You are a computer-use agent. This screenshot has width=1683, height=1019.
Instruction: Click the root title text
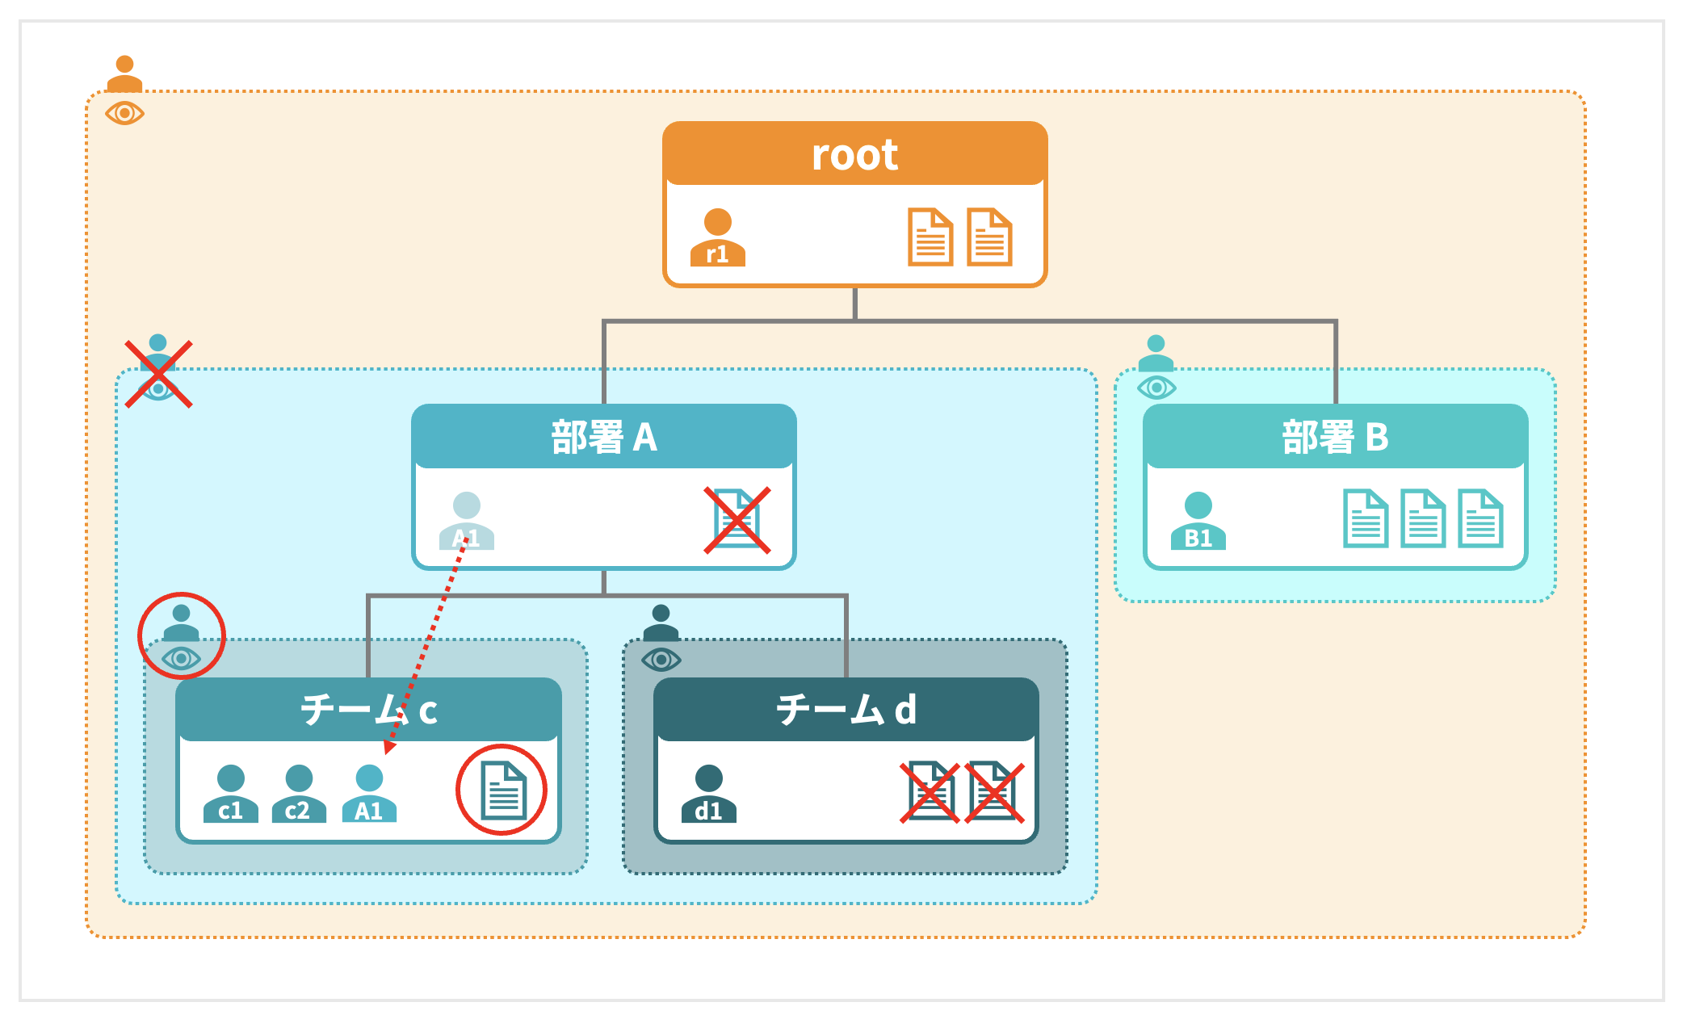(x=854, y=154)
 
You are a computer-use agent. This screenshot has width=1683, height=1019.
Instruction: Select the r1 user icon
(x=717, y=238)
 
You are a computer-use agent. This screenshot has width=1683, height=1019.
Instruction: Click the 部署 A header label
(x=604, y=438)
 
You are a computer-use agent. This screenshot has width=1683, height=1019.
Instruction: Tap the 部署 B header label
(x=1335, y=438)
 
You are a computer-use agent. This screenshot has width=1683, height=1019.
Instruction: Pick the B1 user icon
(x=1198, y=522)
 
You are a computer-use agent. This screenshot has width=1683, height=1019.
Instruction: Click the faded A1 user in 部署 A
(x=466, y=522)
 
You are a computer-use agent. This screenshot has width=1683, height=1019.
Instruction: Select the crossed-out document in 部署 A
(x=737, y=520)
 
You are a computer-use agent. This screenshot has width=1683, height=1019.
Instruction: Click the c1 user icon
(x=230, y=795)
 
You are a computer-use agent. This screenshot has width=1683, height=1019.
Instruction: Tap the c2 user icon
(x=298, y=795)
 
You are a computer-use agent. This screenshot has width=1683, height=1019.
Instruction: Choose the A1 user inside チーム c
(x=369, y=795)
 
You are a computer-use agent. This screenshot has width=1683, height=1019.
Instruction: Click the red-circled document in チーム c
(x=502, y=790)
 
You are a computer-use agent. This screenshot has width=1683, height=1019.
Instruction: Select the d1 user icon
(x=708, y=795)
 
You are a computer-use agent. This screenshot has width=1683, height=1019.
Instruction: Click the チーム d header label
(x=846, y=710)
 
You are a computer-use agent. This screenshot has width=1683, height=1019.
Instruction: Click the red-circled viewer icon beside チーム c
(x=181, y=636)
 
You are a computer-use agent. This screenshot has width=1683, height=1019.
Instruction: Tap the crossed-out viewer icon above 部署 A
(x=158, y=374)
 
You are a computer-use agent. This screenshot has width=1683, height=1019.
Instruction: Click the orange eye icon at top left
(x=124, y=113)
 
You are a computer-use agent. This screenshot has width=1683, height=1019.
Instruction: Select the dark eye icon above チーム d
(x=661, y=660)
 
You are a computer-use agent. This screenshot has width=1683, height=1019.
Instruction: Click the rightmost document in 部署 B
(x=1479, y=519)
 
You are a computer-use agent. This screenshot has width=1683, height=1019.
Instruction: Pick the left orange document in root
(x=930, y=237)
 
